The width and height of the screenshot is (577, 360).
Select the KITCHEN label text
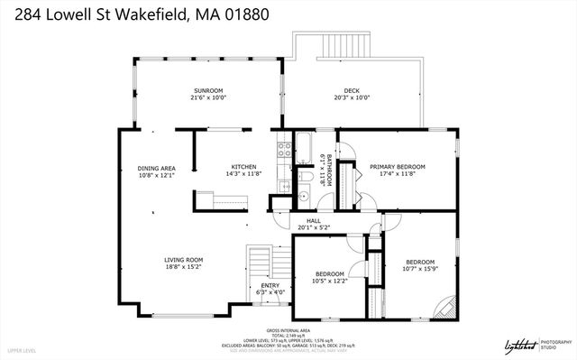pyautogui.click(x=244, y=167)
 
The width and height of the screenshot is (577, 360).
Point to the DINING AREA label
pyautogui.click(x=156, y=168)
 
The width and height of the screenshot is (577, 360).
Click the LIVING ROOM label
pyautogui.click(x=182, y=259)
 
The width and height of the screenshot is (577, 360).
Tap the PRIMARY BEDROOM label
pyautogui.click(x=397, y=167)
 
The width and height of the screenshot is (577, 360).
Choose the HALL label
pyautogui.click(x=314, y=220)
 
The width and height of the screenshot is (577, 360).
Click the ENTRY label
pyautogui.click(x=271, y=285)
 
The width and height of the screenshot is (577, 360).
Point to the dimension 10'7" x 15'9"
pyautogui.click(x=419, y=268)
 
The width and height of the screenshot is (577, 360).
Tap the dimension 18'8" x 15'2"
pyautogui.click(x=182, y=266)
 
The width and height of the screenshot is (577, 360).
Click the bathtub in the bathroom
pyautogui.click(x=303, y=146)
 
